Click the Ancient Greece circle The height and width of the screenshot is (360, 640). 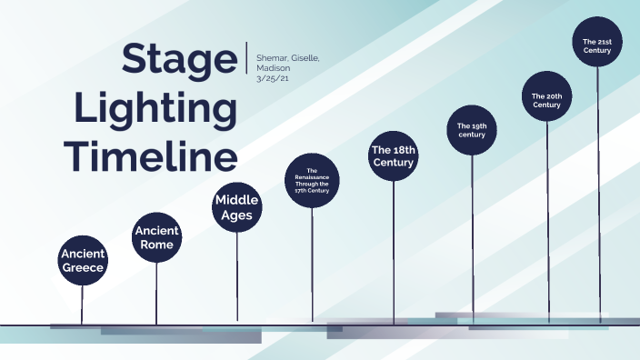[83, 259]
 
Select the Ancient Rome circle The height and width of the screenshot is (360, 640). [156, 237]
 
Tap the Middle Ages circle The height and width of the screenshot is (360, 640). [237, 207]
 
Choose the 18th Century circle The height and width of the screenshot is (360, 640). [394, 155]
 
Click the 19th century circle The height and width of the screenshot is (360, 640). [472, 129]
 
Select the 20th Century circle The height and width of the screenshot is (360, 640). [546, 99]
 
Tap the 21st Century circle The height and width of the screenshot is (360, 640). [597, 45]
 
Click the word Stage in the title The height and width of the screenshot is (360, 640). [178, 60]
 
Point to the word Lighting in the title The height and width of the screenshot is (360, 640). [155, 108]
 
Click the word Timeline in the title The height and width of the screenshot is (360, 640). [155, 155]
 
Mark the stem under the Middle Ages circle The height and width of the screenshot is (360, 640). [237, 273]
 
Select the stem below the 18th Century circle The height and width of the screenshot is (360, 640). [394, 245]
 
